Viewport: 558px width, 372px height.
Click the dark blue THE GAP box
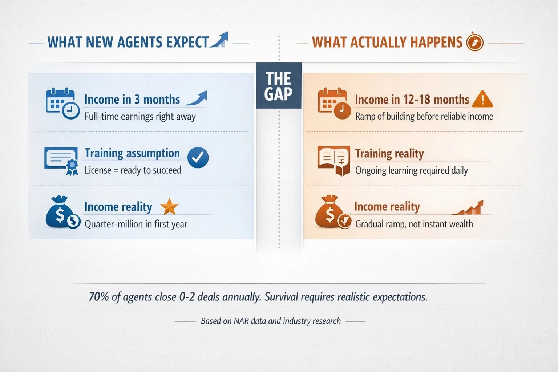point(279,86)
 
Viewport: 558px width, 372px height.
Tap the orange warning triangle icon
point(482,99)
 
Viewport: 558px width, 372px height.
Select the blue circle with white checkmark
point(198,158)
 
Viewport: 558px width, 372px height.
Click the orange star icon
point(169,207)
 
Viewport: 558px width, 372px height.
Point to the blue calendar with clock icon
point(62,104)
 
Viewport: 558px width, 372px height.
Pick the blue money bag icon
point(62,213)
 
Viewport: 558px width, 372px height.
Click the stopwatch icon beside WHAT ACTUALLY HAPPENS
point(474,42)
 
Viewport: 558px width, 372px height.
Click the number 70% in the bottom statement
point(99,297)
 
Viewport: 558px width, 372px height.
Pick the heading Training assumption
point(132,153)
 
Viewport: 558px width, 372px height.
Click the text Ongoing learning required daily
point(411,170)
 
